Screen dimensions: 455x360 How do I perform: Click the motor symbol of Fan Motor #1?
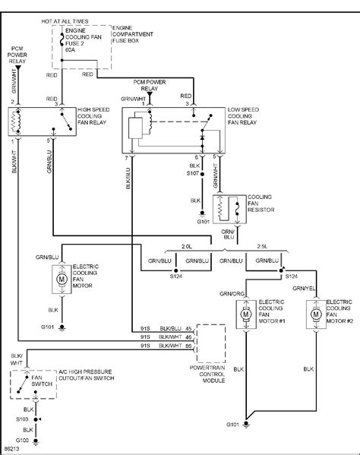[x=245, y=312]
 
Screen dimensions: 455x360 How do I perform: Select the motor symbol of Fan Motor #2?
[x=314, y=312]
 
